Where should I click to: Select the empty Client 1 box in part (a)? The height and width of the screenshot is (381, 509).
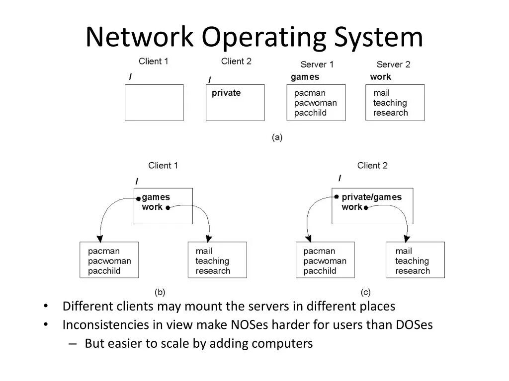pos(154,103)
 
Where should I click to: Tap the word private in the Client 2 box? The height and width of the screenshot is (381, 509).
pos(226,93)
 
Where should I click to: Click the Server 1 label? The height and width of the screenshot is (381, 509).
pos(317,64)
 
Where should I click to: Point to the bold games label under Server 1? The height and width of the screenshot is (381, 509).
pos(305,77)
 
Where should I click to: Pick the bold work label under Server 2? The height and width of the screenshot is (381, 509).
pos(380,77)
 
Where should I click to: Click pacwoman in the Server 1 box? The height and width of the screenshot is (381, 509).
pos(315,103)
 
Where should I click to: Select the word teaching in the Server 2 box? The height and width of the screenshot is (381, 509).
pos(390,103)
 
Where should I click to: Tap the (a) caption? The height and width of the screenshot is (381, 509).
pos(277,138)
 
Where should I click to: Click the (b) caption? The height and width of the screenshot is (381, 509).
pos(160,292)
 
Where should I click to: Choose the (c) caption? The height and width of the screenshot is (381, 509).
pos(365,292)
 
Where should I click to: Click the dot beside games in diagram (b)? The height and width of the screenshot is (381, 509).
pos(139,198)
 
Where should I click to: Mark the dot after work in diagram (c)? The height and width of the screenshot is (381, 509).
pos(365,208)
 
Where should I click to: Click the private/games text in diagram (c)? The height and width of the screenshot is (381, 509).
pos(371,197)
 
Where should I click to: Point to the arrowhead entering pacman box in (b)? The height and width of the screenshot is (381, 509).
pos(101,237)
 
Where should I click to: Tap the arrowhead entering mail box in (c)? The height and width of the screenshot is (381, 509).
pos(407,237)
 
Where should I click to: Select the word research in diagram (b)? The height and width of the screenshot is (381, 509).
pos(213,271)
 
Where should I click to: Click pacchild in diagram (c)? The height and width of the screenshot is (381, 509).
pos(320,271)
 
